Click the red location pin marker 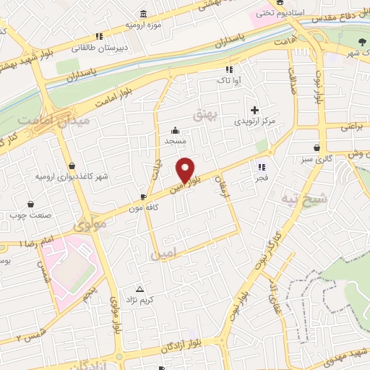(186, 170)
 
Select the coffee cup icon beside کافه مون (143, 197)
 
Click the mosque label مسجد (175, 141)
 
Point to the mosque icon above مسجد (175, 131)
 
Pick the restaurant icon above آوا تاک (230, 70)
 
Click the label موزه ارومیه (142, 25)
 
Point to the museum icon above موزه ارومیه (144, 14)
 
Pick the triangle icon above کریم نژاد (139, 288)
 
